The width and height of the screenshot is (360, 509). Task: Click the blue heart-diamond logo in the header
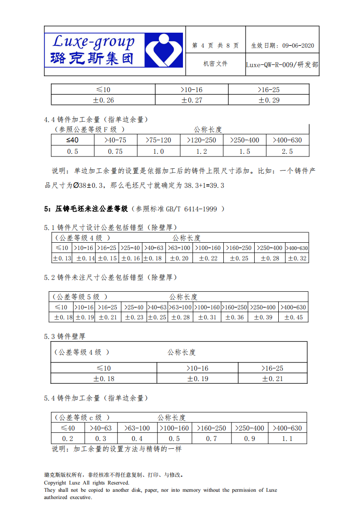click(x=163, y=50)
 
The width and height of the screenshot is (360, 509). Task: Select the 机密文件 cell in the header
click(x=215, y=64)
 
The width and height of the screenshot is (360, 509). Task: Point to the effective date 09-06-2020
click(x=298, y=46)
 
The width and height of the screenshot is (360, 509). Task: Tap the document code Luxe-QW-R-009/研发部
click(x=282, y=64)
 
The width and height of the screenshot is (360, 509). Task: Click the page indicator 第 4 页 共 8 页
click(x=215, y=46)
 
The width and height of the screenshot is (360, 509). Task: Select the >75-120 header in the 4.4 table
click(x=158, y=140)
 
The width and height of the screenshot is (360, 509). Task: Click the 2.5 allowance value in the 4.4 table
click(x=287, y=152)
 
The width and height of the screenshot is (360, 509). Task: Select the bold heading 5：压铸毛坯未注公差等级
click(x=86, y=209)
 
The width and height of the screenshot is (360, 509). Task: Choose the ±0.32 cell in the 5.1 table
click(x=297, y=258)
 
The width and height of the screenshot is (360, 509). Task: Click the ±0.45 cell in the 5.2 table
click(x=293, y=318)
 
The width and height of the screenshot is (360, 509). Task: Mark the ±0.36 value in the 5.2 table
click(x=234, y=318)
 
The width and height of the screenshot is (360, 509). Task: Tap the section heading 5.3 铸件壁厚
click(x=64, y=337)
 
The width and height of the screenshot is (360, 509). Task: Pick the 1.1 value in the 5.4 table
click(x=287, y=439)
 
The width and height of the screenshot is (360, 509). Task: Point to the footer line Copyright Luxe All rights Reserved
click(x=86, y=483)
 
